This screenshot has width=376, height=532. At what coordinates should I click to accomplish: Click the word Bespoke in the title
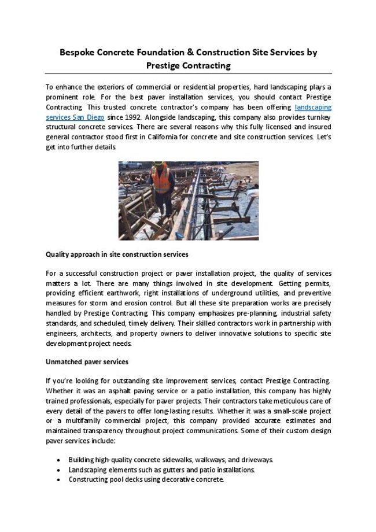pos(78,52)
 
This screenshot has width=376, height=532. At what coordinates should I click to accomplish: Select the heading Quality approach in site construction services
pos(117,254)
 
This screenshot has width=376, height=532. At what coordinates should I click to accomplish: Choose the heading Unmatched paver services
pos(87,361)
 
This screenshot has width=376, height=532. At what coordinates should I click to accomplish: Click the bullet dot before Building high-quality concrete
pos(60,460)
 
